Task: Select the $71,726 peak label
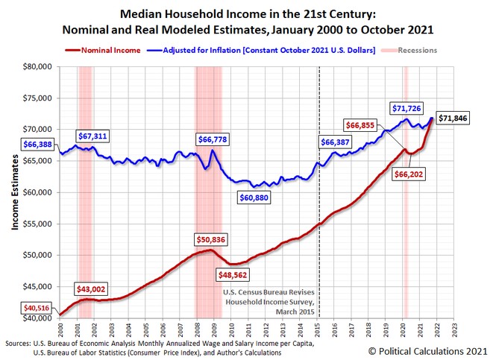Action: coord(409,109)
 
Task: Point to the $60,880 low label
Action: coord(258,198)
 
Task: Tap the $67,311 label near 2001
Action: coord(94,136)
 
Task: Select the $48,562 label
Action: coord(232,274)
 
